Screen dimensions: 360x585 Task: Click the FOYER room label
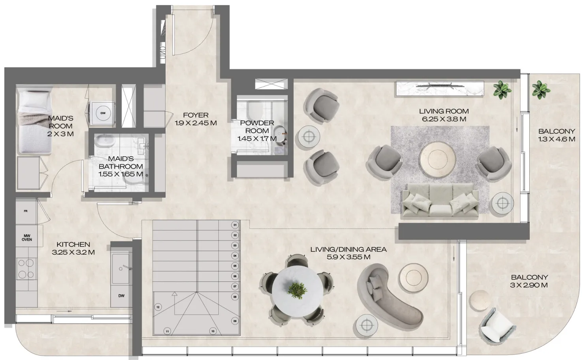click(196, 115)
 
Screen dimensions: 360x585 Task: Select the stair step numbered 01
click(235, 225)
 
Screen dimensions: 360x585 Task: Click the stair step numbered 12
click(157, 307)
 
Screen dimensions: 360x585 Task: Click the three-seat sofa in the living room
click(440, 201)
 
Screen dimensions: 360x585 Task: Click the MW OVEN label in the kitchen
click(27, 237)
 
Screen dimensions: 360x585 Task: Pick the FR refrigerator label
click(26, 212)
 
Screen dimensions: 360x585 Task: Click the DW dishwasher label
click(121, 296)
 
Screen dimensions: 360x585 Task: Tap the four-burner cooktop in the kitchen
click(26, 268)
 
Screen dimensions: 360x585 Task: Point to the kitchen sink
click(120, 268)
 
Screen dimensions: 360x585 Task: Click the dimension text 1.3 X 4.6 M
click(556, 139)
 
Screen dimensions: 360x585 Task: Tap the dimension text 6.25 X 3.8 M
click(444, 119)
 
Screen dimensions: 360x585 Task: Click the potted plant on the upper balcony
click(539, 90)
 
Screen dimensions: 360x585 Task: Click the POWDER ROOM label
click(257, 127)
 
